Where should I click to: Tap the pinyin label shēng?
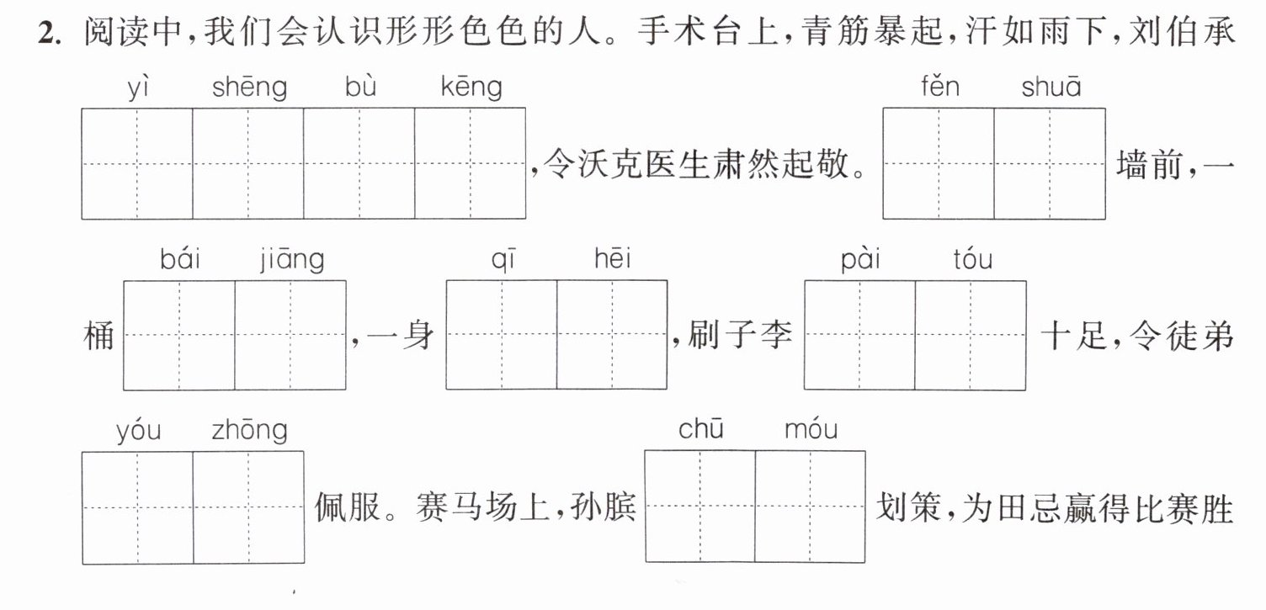pos(249,88)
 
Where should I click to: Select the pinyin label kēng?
pos(471,88)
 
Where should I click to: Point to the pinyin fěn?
pos(940,87)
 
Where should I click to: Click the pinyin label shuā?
pos(1051,87)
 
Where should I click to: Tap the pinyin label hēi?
pos(613,258)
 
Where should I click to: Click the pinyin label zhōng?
pos(249,431)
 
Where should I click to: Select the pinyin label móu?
pos(811,429)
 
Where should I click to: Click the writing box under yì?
pos(137,163)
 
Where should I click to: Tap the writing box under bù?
pos(359,163)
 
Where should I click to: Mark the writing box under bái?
pos(179,335)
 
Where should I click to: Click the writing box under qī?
pos(502,334)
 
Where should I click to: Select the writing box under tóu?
pos(971,335)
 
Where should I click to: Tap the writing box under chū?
pos(700,506)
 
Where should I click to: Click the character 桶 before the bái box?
pos(99,336)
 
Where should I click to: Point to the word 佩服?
pos(348,507)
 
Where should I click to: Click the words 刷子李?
pos(740,334)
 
